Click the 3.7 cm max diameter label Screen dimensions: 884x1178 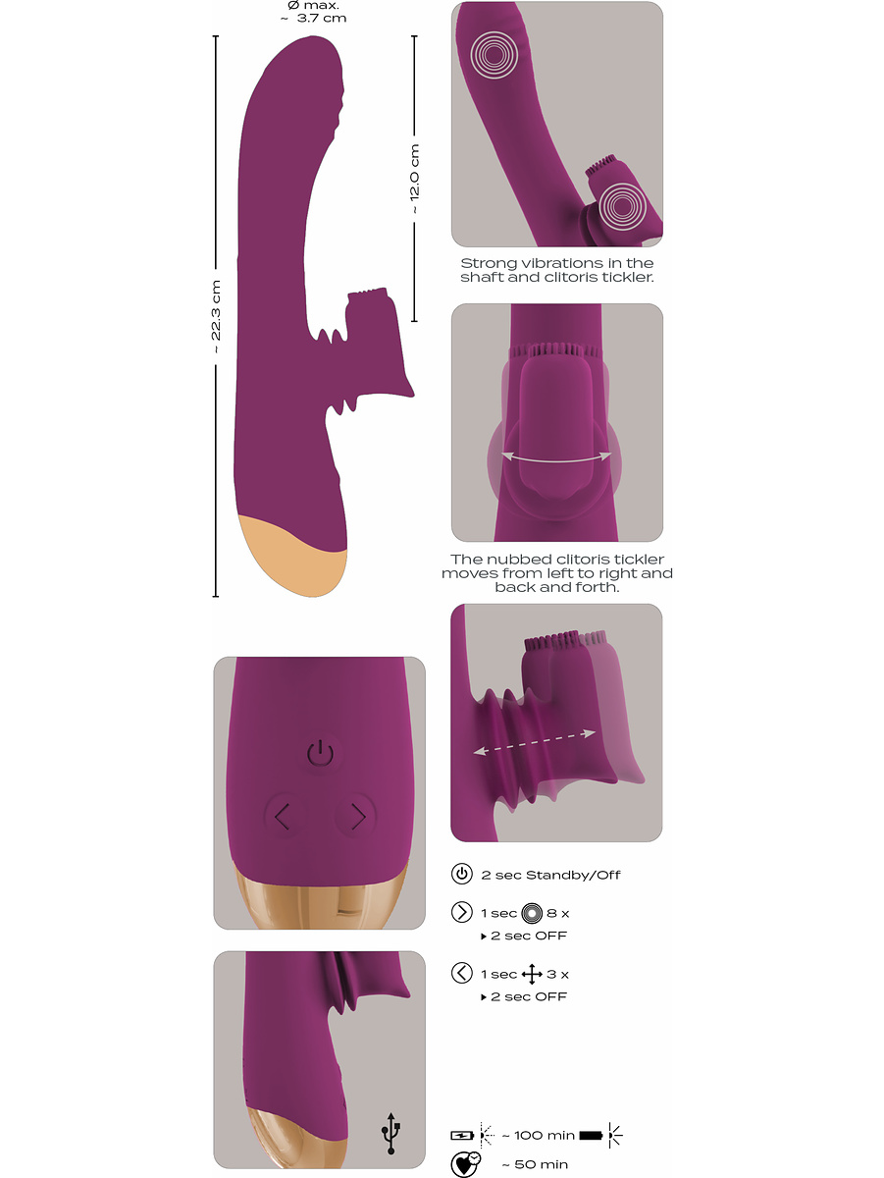point(314,13)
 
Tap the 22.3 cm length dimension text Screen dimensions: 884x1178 point(216,317)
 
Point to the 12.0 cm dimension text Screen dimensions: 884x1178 point(415,180)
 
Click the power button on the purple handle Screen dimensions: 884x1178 point(320,753)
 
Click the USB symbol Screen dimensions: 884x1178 point(391,1134)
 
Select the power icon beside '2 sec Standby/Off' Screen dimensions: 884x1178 point(461,874)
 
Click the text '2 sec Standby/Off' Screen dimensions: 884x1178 point(550,875)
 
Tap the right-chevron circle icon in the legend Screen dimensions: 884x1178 point(461,912)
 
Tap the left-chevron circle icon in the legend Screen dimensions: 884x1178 point(461,973)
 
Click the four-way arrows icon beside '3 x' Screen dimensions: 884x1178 point(532,974)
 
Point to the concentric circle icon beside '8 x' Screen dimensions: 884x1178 point(532,913)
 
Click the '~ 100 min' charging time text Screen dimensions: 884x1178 point(538,1135)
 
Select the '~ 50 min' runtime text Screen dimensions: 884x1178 point(535,1164)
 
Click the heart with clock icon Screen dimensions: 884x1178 point(465,1164)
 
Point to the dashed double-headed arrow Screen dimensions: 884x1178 point(535,742)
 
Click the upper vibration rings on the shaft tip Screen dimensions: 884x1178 point(494,55)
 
